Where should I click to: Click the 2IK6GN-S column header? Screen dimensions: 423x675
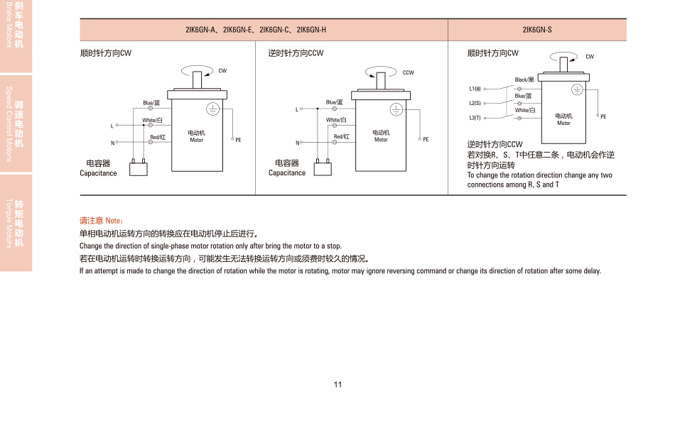pos(536,30)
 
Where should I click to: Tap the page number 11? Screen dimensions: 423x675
pos(337,384)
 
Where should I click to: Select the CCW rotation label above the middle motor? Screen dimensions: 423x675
pos(408,72)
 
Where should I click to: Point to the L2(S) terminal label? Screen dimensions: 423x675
pos(475,103)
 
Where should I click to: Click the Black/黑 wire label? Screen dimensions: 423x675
pos(524,80)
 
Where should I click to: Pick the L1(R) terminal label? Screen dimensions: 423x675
pos(475,89)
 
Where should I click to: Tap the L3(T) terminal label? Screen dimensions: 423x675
pos(475,118)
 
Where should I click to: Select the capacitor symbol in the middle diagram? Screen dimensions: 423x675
pos(323,167)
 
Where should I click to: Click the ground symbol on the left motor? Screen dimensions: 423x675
pos(212,109)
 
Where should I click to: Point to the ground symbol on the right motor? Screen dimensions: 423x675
pos(578,89)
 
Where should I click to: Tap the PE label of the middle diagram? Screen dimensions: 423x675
pos(426,140)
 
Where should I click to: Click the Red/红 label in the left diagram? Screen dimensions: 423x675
pos(158,136)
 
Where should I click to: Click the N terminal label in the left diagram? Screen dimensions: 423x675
pos(112,143)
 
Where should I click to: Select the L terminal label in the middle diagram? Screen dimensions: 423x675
pos(297,109)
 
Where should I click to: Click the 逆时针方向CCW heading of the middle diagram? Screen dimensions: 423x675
pos(296,53)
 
